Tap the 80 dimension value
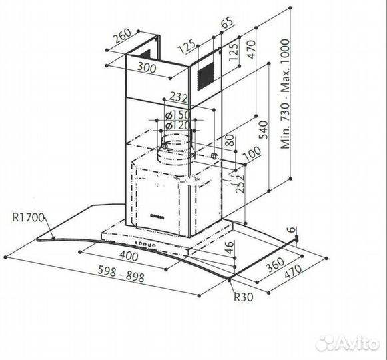pyautogui.click(x=228, y=142)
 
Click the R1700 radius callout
pyautogui.click(x=27, y=217)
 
